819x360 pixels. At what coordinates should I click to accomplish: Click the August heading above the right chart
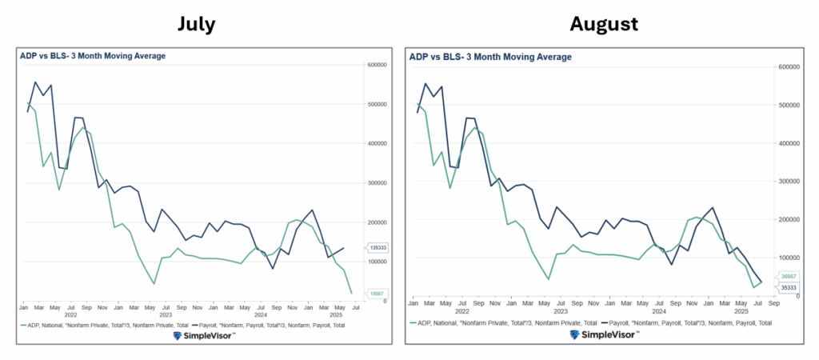(603, 25)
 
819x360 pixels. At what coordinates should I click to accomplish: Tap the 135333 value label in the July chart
(378, 248)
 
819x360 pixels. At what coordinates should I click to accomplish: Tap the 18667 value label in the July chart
(377, 294)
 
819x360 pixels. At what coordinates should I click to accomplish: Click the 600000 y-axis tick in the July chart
(378, 65)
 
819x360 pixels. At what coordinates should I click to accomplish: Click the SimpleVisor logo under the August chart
(604, 334)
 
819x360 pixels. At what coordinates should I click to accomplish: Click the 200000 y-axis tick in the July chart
(378, 222)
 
